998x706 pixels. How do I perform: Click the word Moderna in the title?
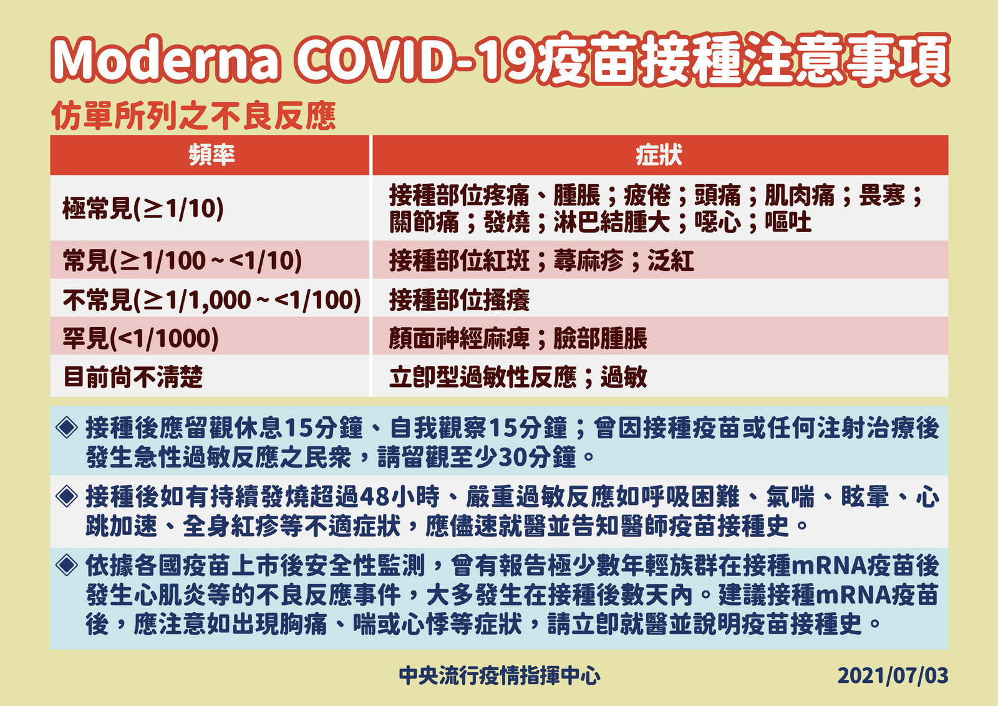(x=166, y=60)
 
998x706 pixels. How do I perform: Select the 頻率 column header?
(x=211, y=155)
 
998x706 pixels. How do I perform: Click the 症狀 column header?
(x=659, y=155)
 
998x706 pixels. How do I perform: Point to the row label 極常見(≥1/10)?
(x=143, y=208)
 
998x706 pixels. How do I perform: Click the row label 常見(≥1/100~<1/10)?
(x=182, y=260)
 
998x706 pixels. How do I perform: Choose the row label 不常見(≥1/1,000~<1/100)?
(x=212, y=300)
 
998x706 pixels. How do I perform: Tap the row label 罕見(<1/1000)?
(x=141, y=338)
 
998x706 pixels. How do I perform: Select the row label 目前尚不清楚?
(x=133, y=377)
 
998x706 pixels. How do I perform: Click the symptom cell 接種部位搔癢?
(x=459, y=300)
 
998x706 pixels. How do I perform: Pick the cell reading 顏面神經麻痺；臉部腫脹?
(x=518, y=338)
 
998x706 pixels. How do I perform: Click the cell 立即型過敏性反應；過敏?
(x=518, y=377)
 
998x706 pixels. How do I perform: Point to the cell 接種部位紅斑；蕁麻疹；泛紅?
(x=541, y=260)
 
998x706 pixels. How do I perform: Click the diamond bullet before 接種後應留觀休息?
(x=67, y=427)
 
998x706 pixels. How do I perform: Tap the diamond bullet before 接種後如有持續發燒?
(x=67, y=496)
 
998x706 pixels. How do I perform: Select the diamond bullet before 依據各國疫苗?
(x=67, y=565)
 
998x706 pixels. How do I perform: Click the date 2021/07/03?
(x=893, y=676)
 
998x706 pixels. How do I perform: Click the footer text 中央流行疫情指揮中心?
(x=500, y=675)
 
